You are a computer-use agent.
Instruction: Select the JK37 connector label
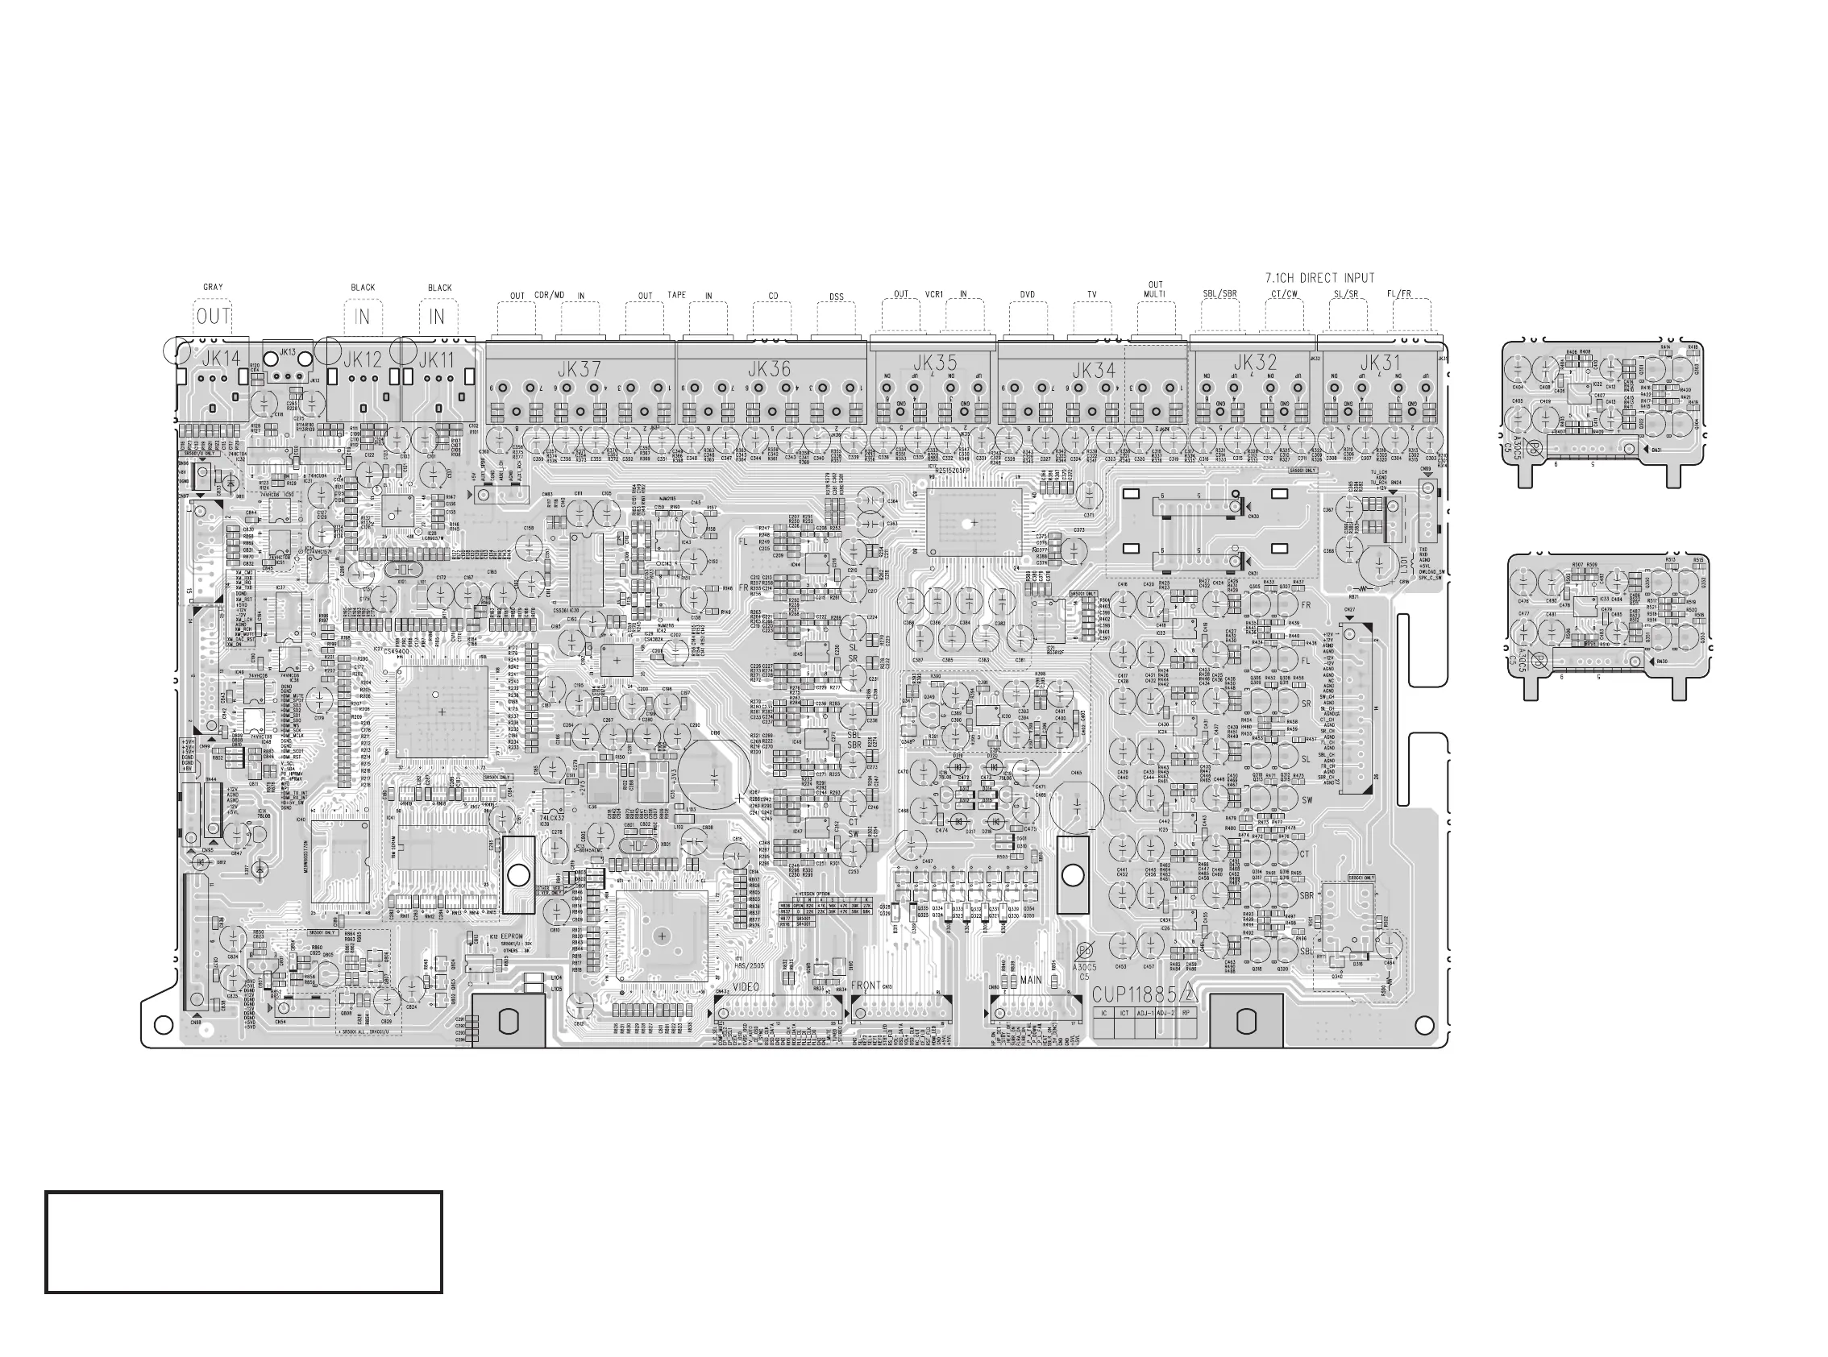(x=580, y=370)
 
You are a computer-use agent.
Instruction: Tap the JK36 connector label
(x=770, y=370)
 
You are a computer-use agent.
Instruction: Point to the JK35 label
(x=934, y=363)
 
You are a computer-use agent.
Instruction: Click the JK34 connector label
(x=1094, y=371)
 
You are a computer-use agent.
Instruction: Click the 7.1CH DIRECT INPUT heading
(x=1319, y=279)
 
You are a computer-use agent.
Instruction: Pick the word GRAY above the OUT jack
(x=213, y=288)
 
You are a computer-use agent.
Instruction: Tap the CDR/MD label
(x=549, y=295)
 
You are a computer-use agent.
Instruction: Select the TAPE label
(x=676, y=295)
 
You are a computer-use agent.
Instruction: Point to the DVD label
(x=1027, y=295)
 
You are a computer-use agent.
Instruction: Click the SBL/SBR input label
(x=1220, y=294)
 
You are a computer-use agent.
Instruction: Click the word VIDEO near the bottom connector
(x=746, y=986)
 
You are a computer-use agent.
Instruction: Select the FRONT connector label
(x=866, y=986)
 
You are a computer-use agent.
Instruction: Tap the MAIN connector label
(x=1030, y=980)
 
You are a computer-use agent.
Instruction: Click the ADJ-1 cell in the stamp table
(x=1145, y=1014)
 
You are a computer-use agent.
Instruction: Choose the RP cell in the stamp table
(x=1186, y=1014)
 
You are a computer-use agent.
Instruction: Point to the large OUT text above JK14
(x=214, y=316)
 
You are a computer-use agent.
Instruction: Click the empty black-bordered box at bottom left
(x=243, y=1242)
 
